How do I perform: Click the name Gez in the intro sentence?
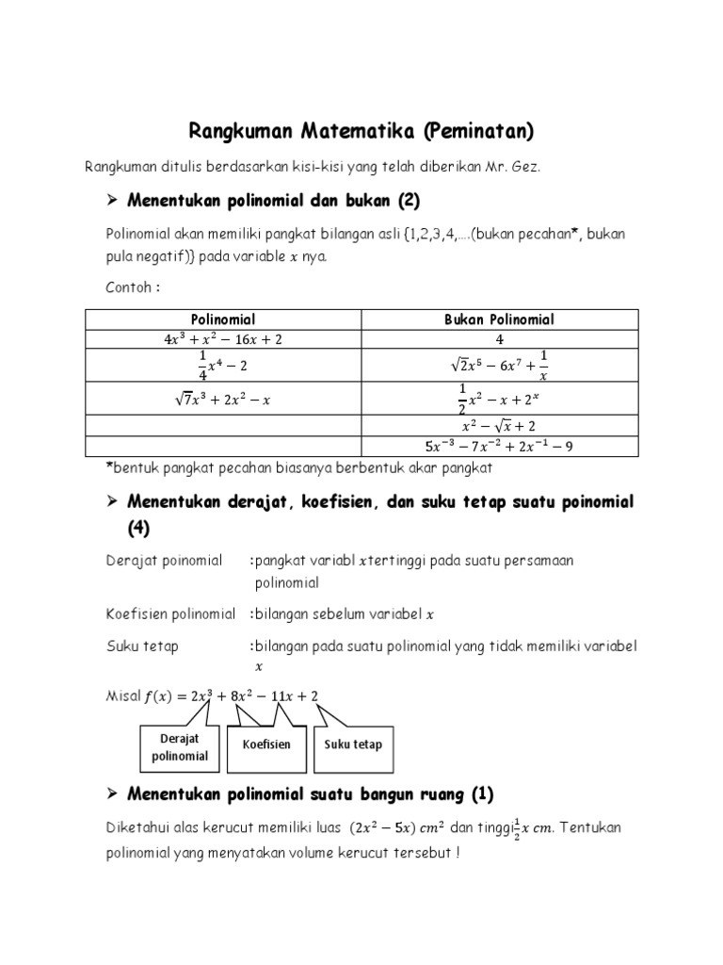pos(527,167)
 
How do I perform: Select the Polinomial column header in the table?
pos(224,319)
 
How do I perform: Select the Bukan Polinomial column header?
pos(500,319)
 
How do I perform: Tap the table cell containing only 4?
pos(500,338)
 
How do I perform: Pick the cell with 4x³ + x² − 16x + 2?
pos(224,338)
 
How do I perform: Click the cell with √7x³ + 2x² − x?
pos(224,400)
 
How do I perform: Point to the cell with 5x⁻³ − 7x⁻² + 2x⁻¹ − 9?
pos(500,447)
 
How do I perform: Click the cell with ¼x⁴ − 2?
pos(224,365)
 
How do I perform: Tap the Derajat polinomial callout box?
pos(179,747)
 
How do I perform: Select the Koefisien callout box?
pos(266,744)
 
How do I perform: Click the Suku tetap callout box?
pos(354,744)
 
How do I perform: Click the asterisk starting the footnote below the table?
pos(108,466)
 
